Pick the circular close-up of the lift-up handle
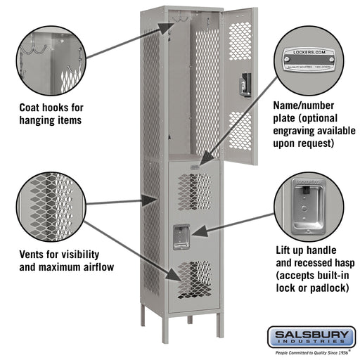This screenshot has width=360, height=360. tap(304, 205)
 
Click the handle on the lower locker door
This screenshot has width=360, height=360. tap(181, 236)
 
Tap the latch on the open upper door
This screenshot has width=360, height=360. tap(244, 84)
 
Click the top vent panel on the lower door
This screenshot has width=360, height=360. tap(193, 191)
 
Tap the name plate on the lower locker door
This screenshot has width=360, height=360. tap(193, 165)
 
